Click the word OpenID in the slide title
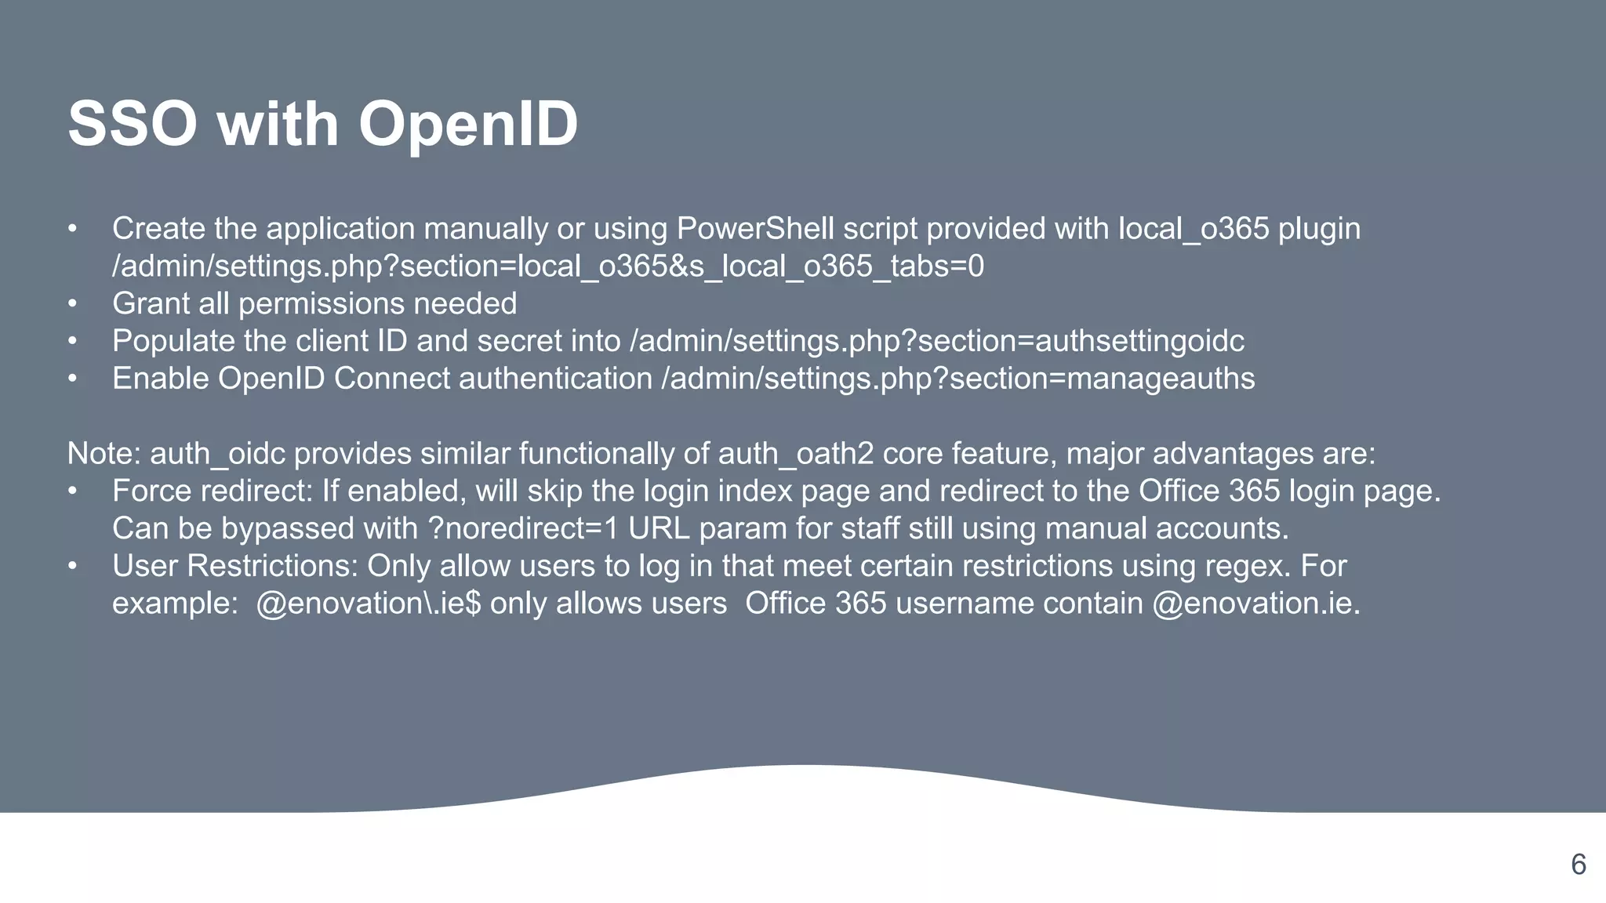click(468, 125)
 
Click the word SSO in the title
click(132, 125)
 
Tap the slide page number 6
click(1579, 865)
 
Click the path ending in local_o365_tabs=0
click(547, 267)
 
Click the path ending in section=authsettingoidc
click(936, 341)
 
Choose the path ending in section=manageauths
click(957, 379)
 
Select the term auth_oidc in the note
click(218, 454)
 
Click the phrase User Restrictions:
click(235, 566)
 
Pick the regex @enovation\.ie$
click(368, 604)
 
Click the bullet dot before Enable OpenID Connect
click(72, 379)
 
